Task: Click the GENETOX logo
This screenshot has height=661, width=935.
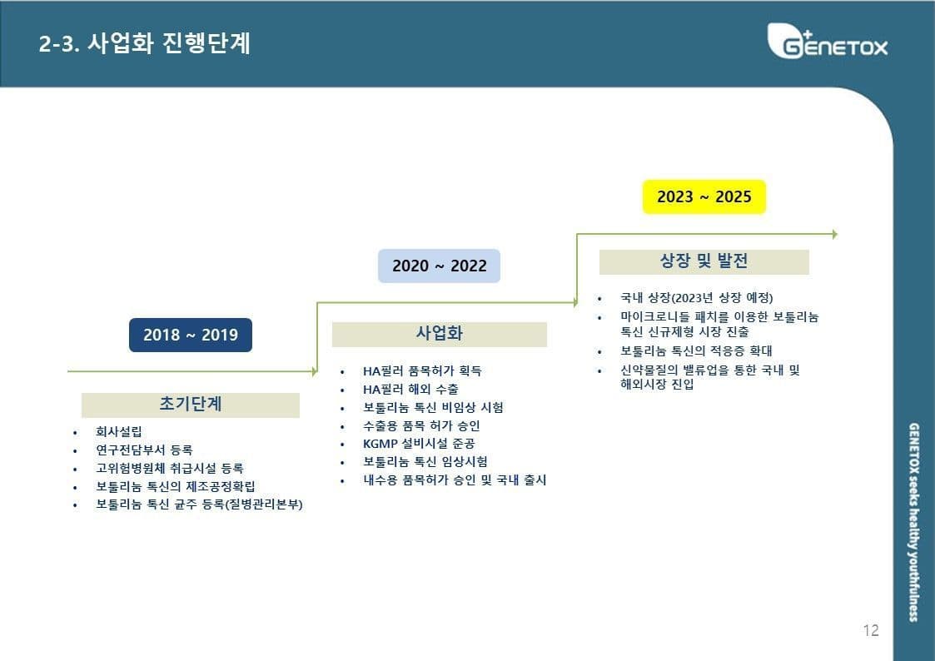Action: pyautogui.click(x=828, y=41)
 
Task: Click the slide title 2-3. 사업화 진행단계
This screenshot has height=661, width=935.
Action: pyautogui.click(x=144, y=43)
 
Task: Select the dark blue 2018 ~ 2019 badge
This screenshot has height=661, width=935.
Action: pyautogui.click(x=190, y=335)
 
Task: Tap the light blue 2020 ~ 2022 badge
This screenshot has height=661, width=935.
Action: pyautogui.click(x=439, y=266)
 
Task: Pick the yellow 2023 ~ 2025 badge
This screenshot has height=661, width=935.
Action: pyautogui.click(x=704, y=196)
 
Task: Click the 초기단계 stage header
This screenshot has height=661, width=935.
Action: pyautogui.click(x=190, y=405)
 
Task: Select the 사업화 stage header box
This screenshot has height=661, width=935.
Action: pyautogui.click(x=440, y=335)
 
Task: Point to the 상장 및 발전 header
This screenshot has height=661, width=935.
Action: pyautogui.click(x=704, y=261)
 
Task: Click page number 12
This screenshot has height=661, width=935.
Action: pyautogui.click(x=871, y=630)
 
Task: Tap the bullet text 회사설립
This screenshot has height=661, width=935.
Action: pyautogui.click(x=119, y=431)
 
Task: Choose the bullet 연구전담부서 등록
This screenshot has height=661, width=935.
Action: pyautogui.click(x=144, y=450)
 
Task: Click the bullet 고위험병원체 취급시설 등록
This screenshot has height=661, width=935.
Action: pyautogui.click(x=169, y=469)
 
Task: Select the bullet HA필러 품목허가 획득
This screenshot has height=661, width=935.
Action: pyautogui.click(x=422, y=370)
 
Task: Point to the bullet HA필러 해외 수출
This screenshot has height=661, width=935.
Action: pyautogui.click(x=410, y=390)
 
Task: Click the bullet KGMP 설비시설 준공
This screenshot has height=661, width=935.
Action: pyautogui.click(x=419, y=444)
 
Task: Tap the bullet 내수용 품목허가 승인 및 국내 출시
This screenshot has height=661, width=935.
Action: pyautogui.click(x=455, y=480)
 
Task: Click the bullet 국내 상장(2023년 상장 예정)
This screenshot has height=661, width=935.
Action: pyautogui.click(x=697, y=297)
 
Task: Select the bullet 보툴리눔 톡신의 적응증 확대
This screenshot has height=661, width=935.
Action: pyautogui.click(x=696, y=350)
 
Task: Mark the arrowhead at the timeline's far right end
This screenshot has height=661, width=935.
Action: pyautogui.click(x=835, y=234)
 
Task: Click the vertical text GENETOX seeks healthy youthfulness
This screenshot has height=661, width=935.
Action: pyautogui.click(x=913, y=522)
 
